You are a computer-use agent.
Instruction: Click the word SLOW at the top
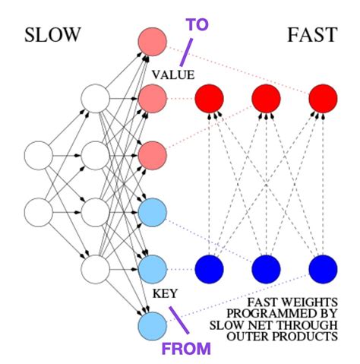click(x=52, y=36)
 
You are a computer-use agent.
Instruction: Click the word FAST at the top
click(x=313, y=36)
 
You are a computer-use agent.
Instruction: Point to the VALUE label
click(x=173, y=74)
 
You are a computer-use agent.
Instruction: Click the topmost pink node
click(x=151, y=41)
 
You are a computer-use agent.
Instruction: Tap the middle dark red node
click(x=265, y=98)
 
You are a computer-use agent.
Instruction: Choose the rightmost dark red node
click(x=321, y=98)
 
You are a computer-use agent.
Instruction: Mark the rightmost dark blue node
click(x=321, y=267)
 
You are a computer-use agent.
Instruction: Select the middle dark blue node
click(x=265, y=267)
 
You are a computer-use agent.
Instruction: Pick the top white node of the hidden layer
click(x=96, y=99)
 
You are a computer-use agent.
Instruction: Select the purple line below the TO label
click(x=185, y=52)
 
